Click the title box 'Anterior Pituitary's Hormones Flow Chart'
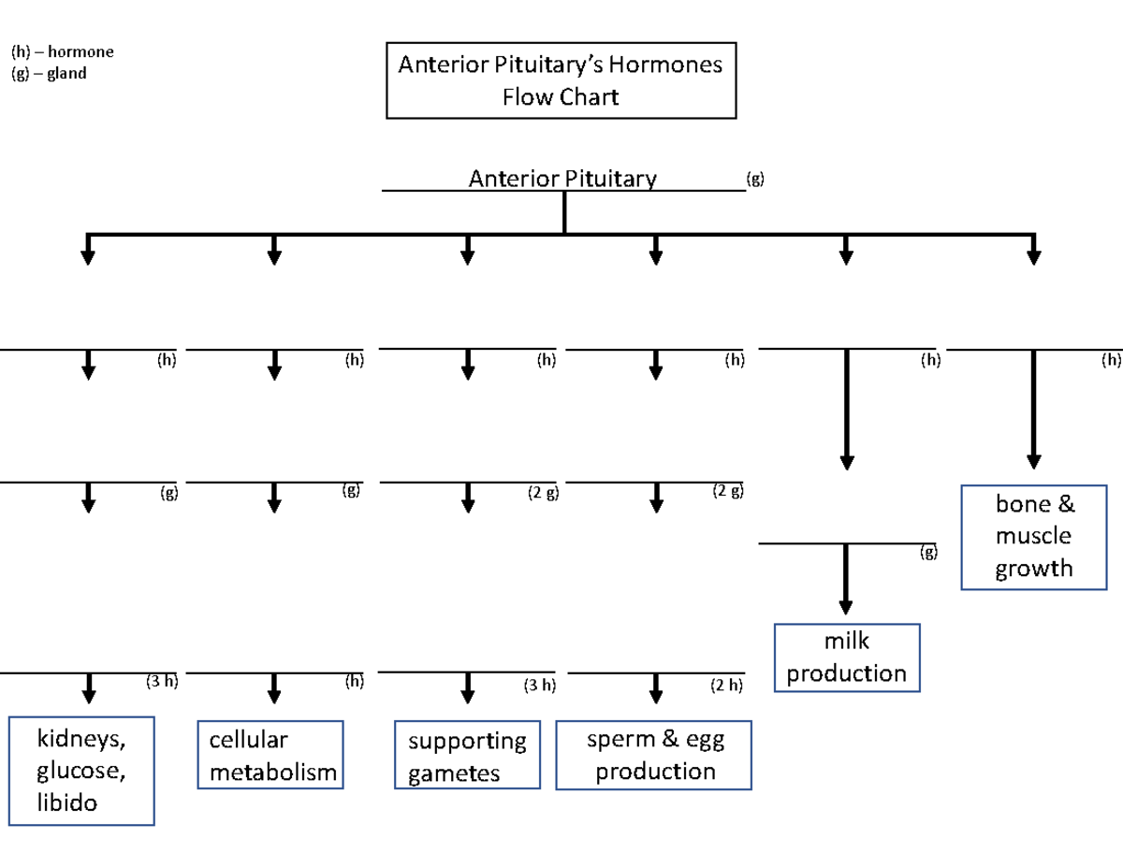point(561,80)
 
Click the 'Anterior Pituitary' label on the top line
point(562,179)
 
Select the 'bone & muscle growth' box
point(1034,537)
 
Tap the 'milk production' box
point(847,657)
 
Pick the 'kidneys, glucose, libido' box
point(81,771)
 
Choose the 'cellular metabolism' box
point(271,755)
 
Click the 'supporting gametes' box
point(467,756)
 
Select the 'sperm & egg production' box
point(654,755)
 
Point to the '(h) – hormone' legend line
point(62,52)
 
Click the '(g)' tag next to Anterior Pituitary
point(754,178)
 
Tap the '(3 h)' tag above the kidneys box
point(161,682)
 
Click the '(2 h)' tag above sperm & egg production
point(726,686)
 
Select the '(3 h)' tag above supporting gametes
point(540,686)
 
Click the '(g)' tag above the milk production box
point(927,553)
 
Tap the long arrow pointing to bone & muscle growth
point(1033,412)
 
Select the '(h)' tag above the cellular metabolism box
point(354,682)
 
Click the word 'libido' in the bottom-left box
point(66,802)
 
